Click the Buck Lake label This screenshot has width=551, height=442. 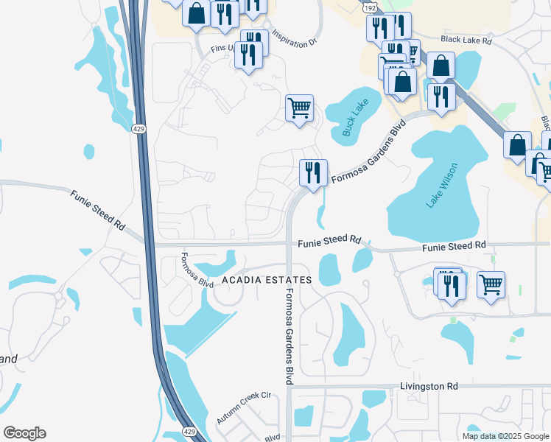coord(355,117)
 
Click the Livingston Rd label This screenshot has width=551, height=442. coord(429,386)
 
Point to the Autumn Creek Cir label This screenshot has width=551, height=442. coord(244,408)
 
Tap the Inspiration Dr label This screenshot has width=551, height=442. coord(294,38)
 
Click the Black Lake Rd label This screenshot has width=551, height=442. coord(466,41)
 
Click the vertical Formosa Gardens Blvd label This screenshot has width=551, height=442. coord(289,336)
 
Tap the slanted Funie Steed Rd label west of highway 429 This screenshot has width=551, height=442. coord(98,211)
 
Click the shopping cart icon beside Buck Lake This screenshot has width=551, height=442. coord(299,108)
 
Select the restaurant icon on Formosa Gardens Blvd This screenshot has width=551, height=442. coord(313,173)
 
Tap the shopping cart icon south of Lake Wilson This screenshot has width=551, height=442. coord(491,284)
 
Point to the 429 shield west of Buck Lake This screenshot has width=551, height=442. coord(138,130)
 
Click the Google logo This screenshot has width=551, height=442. coord(24,433)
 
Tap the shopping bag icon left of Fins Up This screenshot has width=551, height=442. coord(197,13)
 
